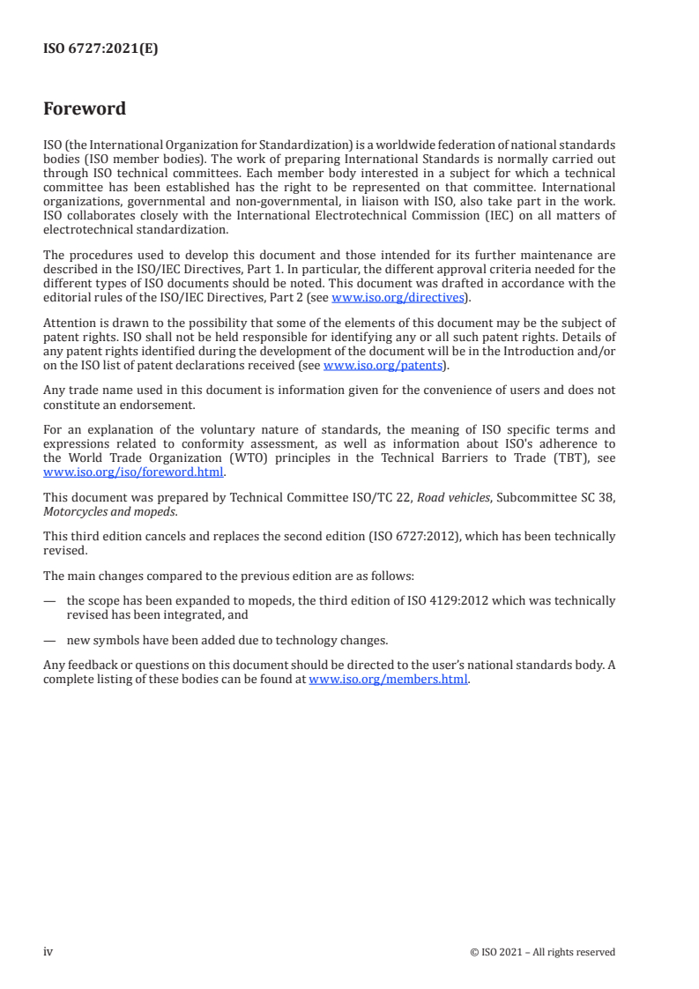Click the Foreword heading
[85, 109]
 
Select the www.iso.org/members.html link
[388, 680]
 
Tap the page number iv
[48, 951]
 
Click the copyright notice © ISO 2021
[508, 952]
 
